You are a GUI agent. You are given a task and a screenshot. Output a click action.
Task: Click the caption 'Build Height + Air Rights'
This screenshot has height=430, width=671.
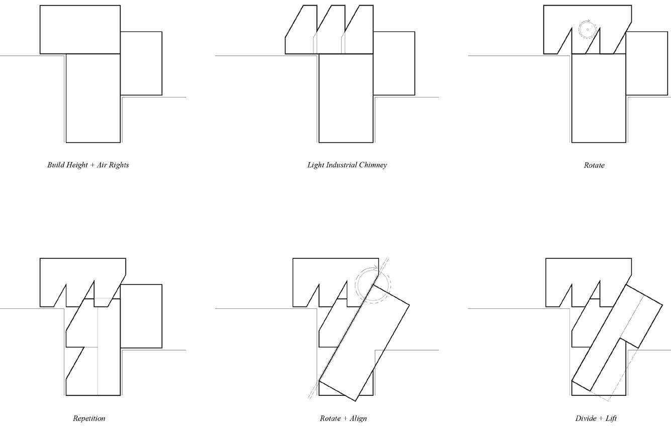88,165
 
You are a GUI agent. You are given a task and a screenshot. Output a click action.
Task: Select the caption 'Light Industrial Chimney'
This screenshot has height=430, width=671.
347,165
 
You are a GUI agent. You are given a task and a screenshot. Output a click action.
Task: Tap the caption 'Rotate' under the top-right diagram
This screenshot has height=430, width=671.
594,165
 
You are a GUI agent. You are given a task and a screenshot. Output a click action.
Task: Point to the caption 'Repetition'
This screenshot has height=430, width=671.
89,418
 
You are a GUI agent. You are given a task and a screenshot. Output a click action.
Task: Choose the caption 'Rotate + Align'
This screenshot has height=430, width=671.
343,418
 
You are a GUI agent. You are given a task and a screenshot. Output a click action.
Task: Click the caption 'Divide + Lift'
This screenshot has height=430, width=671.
596,418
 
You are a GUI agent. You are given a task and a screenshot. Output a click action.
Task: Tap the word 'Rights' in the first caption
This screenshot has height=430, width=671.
118,165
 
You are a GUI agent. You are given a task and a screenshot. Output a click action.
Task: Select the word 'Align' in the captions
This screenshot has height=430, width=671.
357,418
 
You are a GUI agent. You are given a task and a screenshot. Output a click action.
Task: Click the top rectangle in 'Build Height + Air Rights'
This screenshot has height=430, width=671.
80,29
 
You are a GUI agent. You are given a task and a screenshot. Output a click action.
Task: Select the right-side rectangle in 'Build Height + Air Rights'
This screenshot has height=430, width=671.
141,63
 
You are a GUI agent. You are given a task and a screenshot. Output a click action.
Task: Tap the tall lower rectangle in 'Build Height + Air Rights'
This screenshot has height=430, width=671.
93,98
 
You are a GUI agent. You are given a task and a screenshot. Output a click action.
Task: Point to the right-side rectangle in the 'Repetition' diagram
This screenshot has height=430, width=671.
141,315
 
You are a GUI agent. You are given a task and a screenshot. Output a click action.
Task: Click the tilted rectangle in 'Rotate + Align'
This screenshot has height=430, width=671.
364,342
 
